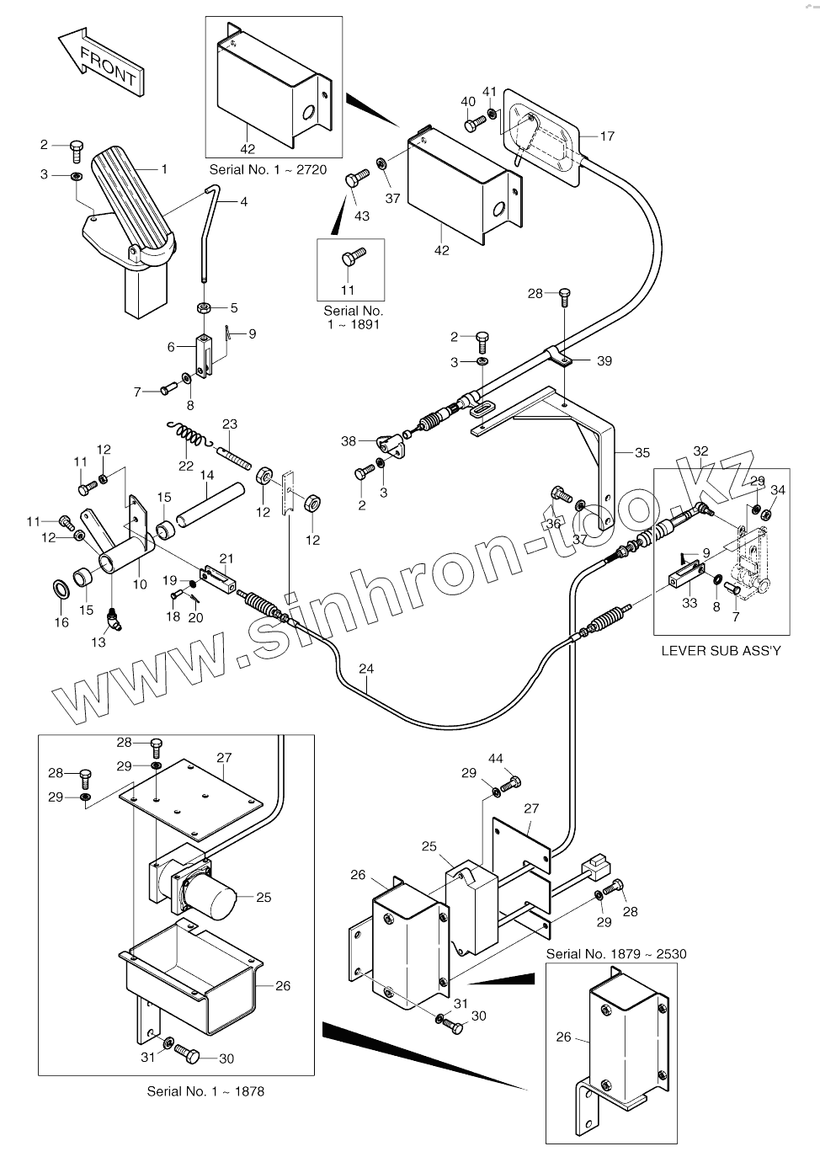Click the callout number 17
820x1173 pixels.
pos(607,135)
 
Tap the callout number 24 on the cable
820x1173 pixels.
pos(365,669)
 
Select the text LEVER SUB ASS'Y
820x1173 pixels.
pos(721,650)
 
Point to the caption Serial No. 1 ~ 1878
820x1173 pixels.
pos(205,1091)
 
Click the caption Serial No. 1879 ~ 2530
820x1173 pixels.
pos(616,954)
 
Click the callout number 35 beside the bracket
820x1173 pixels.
pos(642,453)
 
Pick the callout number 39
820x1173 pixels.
pos(604,360)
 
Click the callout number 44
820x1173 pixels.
pos(496,759)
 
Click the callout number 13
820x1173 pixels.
pos(99,642)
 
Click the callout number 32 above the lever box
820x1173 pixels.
pos(700,451)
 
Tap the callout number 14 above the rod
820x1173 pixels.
pos(207,475)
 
